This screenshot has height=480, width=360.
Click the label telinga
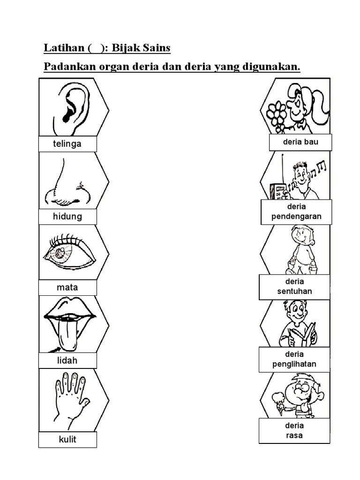[67, 144]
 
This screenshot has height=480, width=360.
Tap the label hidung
[67, 217]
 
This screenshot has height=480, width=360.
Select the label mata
[67, 287]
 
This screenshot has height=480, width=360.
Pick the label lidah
[67, 360]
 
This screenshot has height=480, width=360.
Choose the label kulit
[67, 440]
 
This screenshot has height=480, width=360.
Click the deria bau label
[300, 142]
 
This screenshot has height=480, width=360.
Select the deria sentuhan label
[294, 286]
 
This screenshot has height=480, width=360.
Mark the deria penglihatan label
[294, 359]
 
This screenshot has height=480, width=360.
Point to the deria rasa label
[294, 430]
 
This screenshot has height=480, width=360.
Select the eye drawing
[68, 254]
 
